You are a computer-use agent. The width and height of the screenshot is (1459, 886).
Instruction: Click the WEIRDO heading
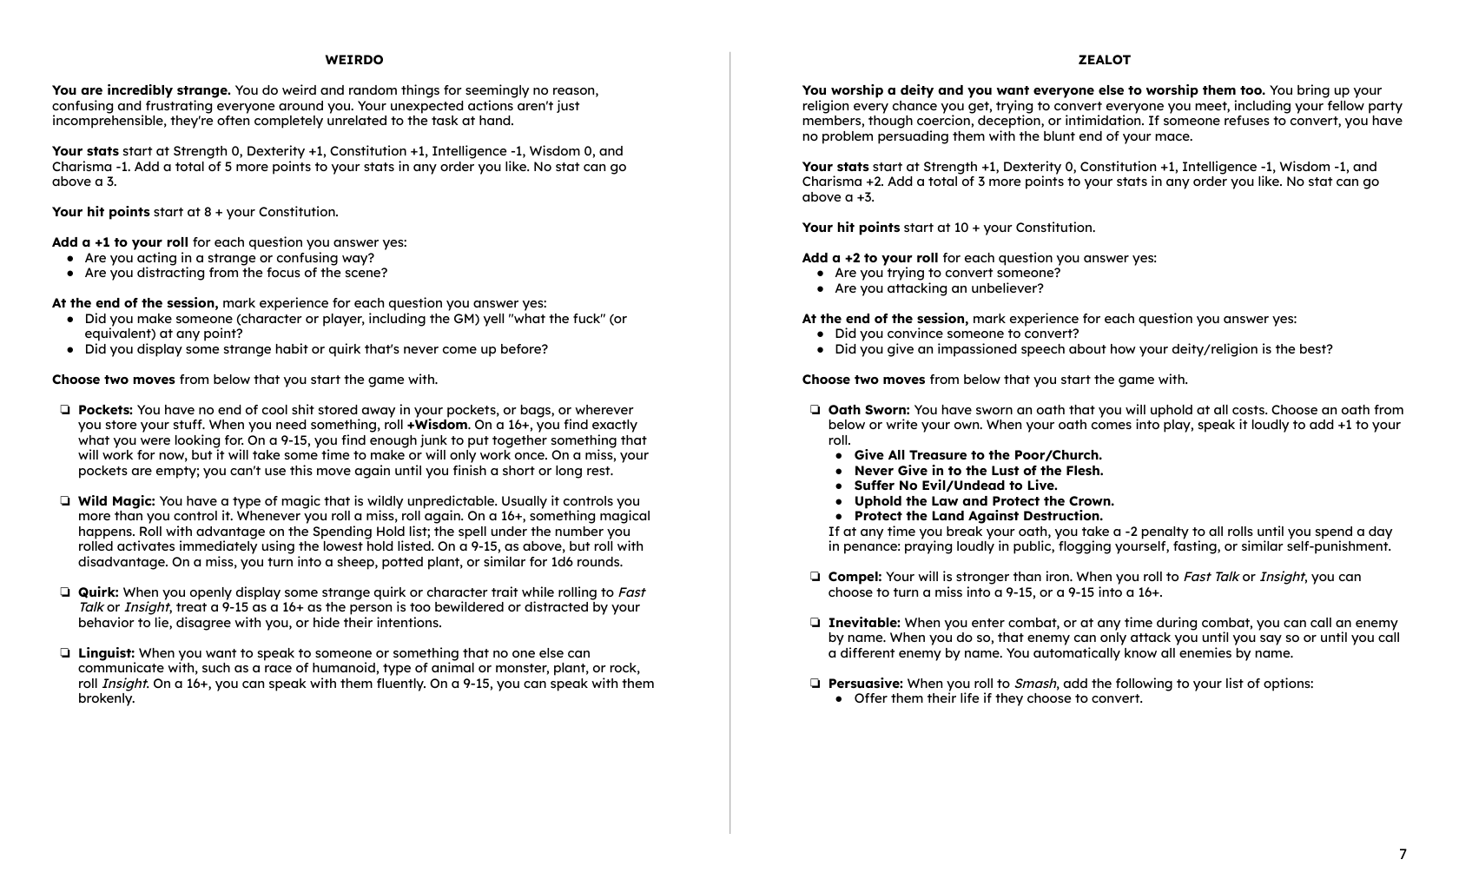pyautogui.click(x=353, y=60)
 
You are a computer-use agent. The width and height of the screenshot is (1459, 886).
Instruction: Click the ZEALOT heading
pyautogui.click(x=1104, y=60)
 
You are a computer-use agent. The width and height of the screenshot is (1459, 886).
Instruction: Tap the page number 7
pyautogui.click(x=1403, y=854)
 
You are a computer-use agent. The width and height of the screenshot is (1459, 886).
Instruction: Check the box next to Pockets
pyautogui.click(x=65, y=410)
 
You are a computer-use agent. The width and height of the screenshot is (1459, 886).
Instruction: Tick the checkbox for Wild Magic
pyautogui.click(x=65, y=501)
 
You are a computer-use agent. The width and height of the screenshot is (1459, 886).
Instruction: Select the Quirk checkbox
pyautogui.click(x=65, y=592)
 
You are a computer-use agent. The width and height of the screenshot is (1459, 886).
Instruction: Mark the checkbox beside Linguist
pyautogui.click(x=65, y=653)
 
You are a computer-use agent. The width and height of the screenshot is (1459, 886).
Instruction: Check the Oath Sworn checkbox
pyautogui.click(x=815, y=410)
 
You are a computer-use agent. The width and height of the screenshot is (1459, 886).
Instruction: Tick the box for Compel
pyautogui.click(x=815, y=577)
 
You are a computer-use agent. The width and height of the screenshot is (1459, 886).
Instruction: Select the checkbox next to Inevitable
pyautogui.click(x=815, y=623)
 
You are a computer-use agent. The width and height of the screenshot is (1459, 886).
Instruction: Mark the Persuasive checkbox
pyautogui.click(x=815, y=684)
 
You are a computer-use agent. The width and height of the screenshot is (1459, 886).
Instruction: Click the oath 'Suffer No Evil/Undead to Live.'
pyautogui.click(x=955, y=486)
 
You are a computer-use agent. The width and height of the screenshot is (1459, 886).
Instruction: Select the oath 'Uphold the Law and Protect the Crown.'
pyautogui.click(x=984, y=501)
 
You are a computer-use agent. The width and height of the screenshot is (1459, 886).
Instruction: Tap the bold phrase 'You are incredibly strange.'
pyautogui.click(x=141, y=90)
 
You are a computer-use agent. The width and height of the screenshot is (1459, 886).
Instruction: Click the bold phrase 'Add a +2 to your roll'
pyautogui.click(x=870, y=258)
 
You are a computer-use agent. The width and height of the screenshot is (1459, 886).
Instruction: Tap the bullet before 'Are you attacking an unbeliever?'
pyautogui.click(x=822, y=288)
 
